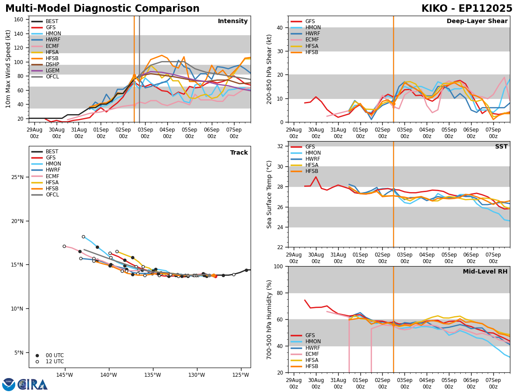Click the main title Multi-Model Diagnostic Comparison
tap(102, 9)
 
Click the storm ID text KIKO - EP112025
tap(467, 9)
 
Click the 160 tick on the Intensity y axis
tap(20, 20)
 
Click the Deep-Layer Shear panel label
tap(477, 21)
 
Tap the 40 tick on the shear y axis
tap(281, 27)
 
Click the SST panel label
tap(501, 147)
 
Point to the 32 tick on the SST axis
tap(281, 146)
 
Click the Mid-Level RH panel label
tap(485, 272)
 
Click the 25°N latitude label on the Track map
tap(17, 177)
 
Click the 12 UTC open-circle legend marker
tap(37, 362)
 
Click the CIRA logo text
tap(33, 384)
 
